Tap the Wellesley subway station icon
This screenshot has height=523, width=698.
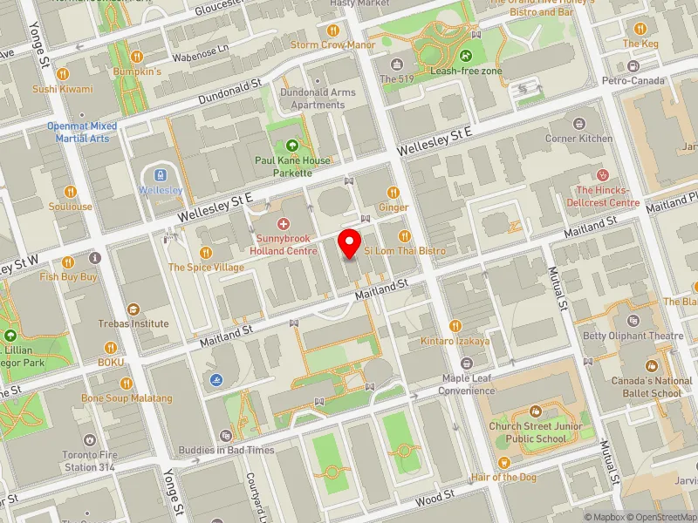pos(160,173)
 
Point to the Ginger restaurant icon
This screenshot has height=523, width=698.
pos(393,193)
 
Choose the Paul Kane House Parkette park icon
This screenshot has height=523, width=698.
pos(291,146)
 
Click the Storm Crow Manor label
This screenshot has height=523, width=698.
pos(332,44)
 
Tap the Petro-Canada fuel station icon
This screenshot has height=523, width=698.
pos(633,66)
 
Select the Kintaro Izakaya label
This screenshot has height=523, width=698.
pos(455,341)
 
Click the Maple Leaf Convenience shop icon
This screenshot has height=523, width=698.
pos(468,363)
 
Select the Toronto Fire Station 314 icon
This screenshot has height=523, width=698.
pos(90,440)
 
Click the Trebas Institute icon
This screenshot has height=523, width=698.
pos(133,309)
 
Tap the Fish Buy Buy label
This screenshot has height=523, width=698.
pos(68,276)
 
